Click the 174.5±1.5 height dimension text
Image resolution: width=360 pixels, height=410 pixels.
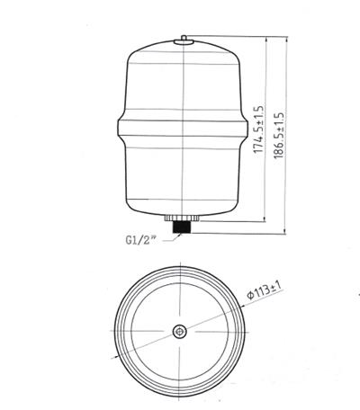[258, 131]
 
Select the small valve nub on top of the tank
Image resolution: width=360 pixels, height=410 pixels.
[184, 38]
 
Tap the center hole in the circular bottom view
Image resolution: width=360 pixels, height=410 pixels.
[181, 331]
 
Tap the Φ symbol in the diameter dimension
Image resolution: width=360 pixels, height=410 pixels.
[253, 301]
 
